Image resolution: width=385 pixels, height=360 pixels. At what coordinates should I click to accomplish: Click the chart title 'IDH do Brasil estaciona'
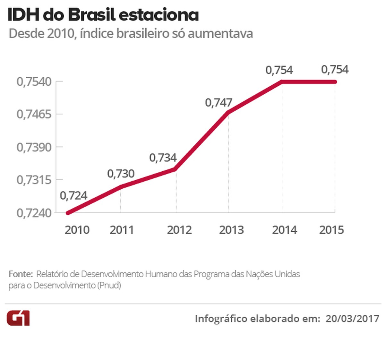point(103,15)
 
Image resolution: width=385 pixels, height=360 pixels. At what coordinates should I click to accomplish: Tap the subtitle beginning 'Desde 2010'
point(131,33)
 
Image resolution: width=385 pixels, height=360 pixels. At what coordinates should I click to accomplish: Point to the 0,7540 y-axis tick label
point(34,82)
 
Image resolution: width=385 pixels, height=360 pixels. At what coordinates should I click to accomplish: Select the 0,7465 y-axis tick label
point(34,114)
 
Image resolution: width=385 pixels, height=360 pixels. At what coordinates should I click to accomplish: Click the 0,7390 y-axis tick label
point(34,147)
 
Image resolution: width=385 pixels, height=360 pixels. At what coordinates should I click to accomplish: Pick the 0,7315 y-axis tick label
point(34,180)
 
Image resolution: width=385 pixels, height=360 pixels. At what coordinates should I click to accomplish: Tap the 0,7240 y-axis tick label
point(34,213)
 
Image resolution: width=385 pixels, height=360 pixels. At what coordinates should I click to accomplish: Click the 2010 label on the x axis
point(77,230)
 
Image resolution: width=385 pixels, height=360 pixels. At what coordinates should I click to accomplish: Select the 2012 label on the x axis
point(179,230)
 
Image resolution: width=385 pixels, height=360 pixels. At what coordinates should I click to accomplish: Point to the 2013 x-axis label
point(231,230)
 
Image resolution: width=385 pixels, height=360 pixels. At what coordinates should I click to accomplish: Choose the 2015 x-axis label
point(331,230)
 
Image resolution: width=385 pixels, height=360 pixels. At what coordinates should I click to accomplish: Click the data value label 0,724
point(73,196)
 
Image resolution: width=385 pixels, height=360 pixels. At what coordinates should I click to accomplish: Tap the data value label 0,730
point(121,174)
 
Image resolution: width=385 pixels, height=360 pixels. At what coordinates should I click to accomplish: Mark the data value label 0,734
point(163,158)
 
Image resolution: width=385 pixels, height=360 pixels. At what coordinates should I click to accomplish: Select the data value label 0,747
point(218,103)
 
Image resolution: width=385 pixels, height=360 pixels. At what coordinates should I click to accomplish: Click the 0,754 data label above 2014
point(279,70)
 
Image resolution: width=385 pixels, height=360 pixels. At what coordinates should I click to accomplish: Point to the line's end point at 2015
point(335,82)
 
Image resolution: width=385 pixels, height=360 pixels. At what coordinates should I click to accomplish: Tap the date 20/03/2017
point(352,319)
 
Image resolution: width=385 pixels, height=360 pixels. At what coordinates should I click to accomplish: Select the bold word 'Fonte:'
point(21,274)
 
